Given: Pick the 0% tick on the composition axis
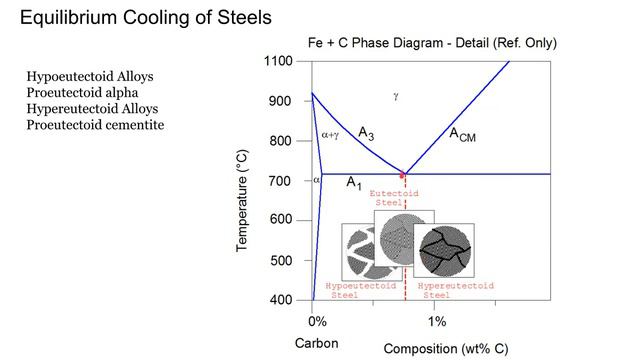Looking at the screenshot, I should pos(316,322).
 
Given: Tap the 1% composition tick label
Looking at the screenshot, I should pos(437,322).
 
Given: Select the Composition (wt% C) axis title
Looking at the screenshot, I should pos(446,348).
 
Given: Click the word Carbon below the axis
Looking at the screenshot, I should pos(317,343).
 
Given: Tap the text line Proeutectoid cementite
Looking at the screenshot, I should pos(96,124).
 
